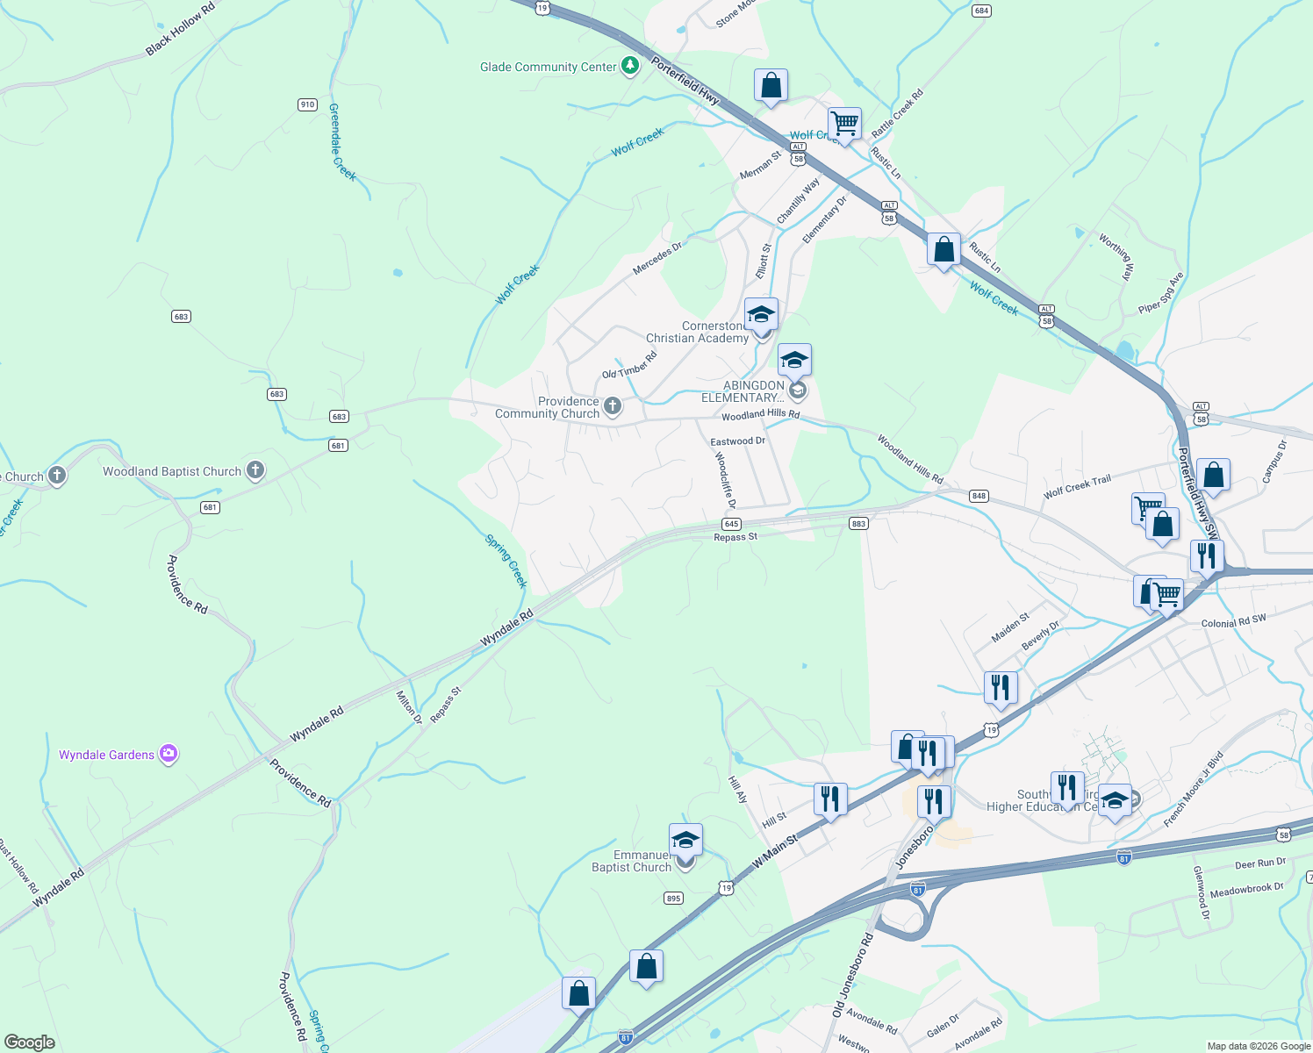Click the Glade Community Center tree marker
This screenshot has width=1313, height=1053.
(629, 66)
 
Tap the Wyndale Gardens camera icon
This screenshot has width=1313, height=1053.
(169, 754)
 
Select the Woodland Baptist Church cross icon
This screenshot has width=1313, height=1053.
(255, 471)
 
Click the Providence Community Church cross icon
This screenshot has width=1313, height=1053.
(613, 406)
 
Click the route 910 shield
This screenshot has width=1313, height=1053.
(307, 104)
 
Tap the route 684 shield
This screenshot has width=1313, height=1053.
(981, 11)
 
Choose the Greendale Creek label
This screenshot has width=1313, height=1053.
(341, 142)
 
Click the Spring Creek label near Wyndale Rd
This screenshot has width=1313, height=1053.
(506, 561)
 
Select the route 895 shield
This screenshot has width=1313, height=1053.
(673, 898)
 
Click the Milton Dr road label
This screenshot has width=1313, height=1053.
(408, 706)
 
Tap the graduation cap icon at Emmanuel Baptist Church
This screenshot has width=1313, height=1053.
(685, 840)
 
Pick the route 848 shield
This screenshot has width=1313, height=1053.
(979, 496)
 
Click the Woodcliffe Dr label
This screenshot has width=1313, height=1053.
(724, 480)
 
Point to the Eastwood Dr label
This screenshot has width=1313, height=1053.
(737, 441)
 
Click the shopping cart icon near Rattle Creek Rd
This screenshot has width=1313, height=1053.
(844, 124)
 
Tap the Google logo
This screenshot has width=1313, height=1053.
(30, 1042)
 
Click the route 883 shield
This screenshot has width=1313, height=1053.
(858, 524)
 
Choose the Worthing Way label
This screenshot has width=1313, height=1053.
(1117, 256)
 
